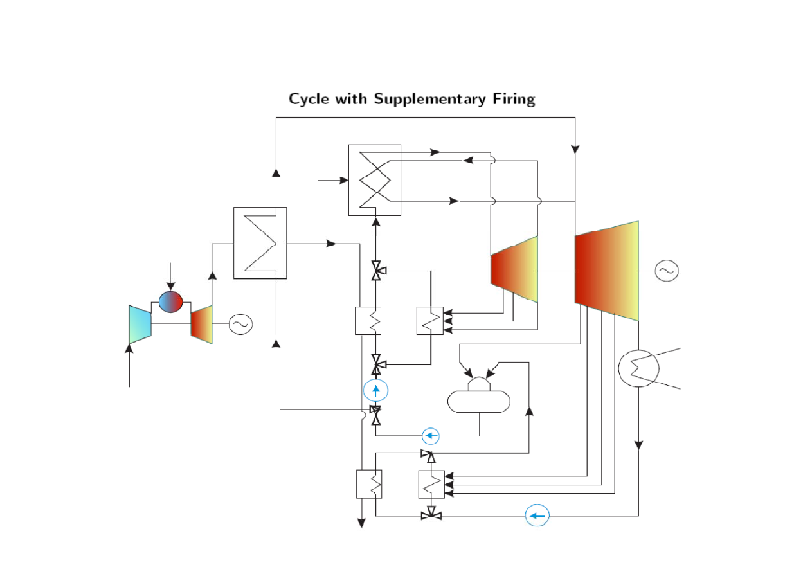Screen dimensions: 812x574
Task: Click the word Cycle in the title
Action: (x=309, y=99)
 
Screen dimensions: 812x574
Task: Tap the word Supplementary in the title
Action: (x=430, y=99)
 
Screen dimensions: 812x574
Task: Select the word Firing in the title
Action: (x=514, y=99)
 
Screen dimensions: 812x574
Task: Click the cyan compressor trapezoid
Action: (x=140, y=325)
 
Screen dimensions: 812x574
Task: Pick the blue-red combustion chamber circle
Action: (x=171, y=302)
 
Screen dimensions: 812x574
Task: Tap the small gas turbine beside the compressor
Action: (x=201, y=325)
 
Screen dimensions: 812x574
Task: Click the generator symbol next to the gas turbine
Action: (x=240, y=325)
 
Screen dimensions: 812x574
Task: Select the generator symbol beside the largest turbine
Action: (x=667, y=271)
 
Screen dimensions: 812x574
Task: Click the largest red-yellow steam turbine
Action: (x=607, y=271)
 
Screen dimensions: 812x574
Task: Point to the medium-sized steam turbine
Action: (x=514, y=269)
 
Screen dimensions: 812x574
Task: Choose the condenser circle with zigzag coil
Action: (x=638, y=368)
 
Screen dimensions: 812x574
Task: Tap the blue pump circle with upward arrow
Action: (x=376, y=390)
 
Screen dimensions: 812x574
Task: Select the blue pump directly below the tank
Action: (x=431, y=436)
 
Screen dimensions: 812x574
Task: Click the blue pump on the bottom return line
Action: (x=537, y=516)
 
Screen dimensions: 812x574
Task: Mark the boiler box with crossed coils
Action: (x=375, y=180)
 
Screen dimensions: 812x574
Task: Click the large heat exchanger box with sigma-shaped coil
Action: (x=260, y=243)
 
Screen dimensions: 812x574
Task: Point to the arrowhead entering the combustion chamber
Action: (x=171, y=286)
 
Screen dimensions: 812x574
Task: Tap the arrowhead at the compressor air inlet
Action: (x=129, y=348)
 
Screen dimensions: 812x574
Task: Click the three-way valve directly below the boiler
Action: (x=377, y=271)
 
